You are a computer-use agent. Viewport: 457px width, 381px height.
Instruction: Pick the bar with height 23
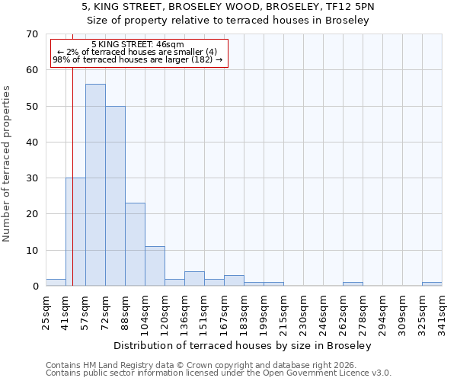(x=135, y=245)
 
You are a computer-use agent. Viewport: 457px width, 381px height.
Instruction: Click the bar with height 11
(x=155, y=266)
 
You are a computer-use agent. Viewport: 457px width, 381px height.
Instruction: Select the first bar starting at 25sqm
(x=56, y=283)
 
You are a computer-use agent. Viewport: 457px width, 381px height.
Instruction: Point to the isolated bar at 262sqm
(x=353, y=284)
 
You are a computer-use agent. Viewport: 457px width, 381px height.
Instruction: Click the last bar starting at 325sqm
(x=432, y=284)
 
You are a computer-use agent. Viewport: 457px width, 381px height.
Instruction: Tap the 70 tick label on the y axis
(x=31, y=34)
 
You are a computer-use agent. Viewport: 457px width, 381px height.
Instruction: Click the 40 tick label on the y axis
(x=31, y=142)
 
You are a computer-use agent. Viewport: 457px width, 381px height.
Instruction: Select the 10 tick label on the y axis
(x=31, y=251)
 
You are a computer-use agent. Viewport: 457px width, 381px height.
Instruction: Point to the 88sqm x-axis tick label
(x=125, y=311)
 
